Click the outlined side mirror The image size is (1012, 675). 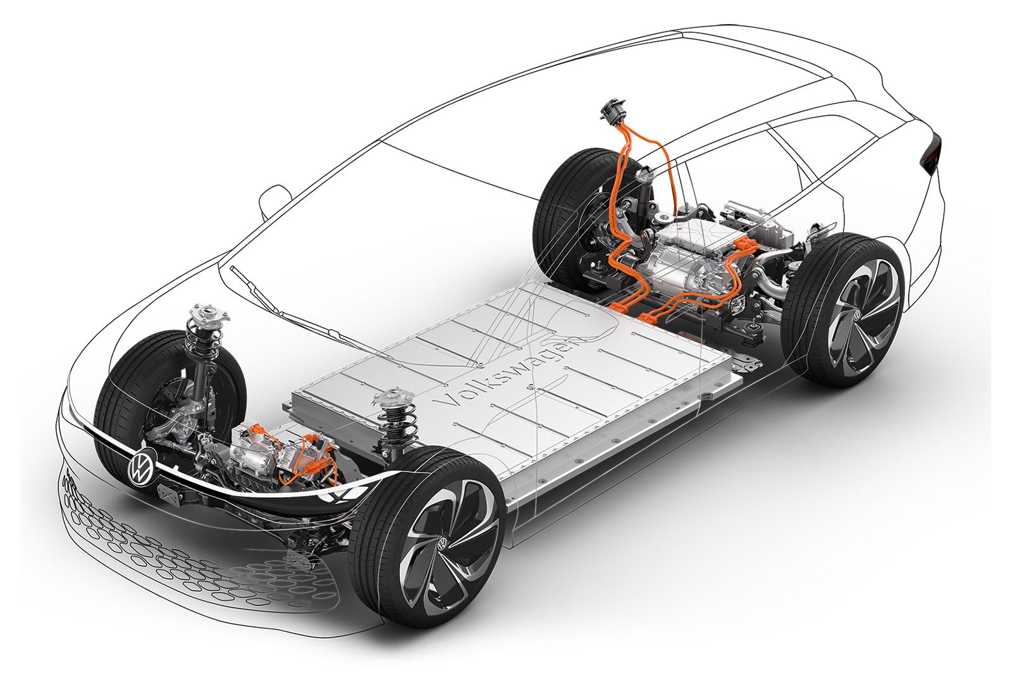pos(273,201)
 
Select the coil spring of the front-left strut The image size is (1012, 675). pos(201,342)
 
